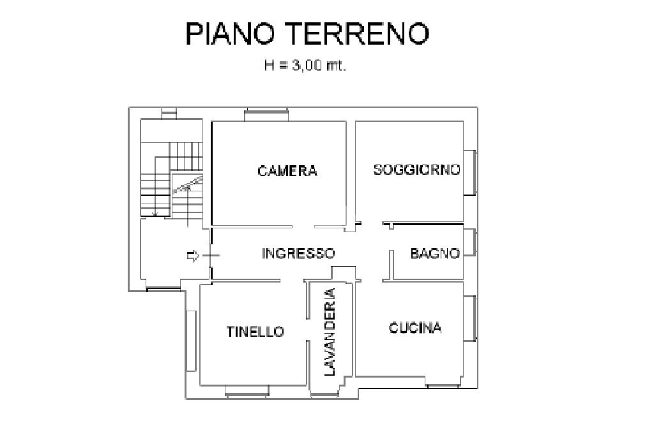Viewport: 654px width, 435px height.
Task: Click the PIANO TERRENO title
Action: coord(307,33)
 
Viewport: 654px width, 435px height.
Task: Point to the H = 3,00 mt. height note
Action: coord(305,65)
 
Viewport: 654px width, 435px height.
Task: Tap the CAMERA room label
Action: coord(287,171)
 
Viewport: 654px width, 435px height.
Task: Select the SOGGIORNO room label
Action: coord(417,170)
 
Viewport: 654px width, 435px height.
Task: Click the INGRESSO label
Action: coord(298,253)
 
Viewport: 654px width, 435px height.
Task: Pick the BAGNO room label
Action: coord(435,253)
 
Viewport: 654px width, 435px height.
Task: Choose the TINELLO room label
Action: coord(255,332)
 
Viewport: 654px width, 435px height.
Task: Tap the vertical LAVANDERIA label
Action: coord(330,332)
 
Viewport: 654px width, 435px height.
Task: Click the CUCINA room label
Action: coord(415,328)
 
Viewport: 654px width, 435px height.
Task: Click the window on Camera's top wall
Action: coord(267,115)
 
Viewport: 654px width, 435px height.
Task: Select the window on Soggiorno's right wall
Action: coord(471,172)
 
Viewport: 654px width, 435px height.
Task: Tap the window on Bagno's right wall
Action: coord(471,242)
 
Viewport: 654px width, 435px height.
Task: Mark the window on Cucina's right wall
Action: coord(471,318)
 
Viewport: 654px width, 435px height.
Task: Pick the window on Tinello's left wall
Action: coord(190,341)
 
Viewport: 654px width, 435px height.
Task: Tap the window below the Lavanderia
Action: coord(325,395)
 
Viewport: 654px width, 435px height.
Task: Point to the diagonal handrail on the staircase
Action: coord(188,184)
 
